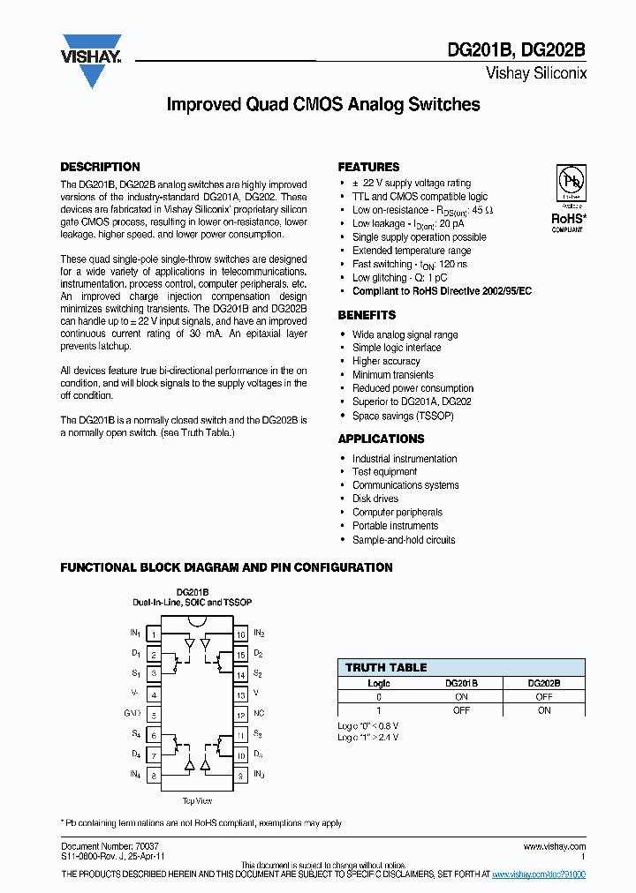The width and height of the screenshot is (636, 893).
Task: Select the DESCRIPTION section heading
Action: click(x=100, y=167)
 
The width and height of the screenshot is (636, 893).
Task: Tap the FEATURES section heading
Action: click(x=368, y=167)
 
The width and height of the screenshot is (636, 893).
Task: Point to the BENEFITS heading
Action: click(x=367, y=315)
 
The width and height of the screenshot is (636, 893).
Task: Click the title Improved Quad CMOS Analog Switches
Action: click(x=323, y=104)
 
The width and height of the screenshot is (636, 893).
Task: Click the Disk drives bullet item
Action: click(x=375, y=499)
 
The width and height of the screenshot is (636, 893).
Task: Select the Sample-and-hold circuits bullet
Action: click(x=404, y=539)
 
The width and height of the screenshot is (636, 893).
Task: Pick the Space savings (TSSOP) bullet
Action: click(x=403, y=416)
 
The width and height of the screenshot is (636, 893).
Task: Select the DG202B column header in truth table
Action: click(x=543, y=683)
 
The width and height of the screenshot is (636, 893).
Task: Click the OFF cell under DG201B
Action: click(x=461, y=709)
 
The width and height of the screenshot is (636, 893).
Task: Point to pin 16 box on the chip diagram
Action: click(x=239, y=634)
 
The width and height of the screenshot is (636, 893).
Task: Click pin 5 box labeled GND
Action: click(x=154, y=715)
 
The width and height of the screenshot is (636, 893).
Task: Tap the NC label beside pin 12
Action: click(x=260, y=715)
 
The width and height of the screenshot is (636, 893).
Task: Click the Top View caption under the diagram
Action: click(x=196, y=800)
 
